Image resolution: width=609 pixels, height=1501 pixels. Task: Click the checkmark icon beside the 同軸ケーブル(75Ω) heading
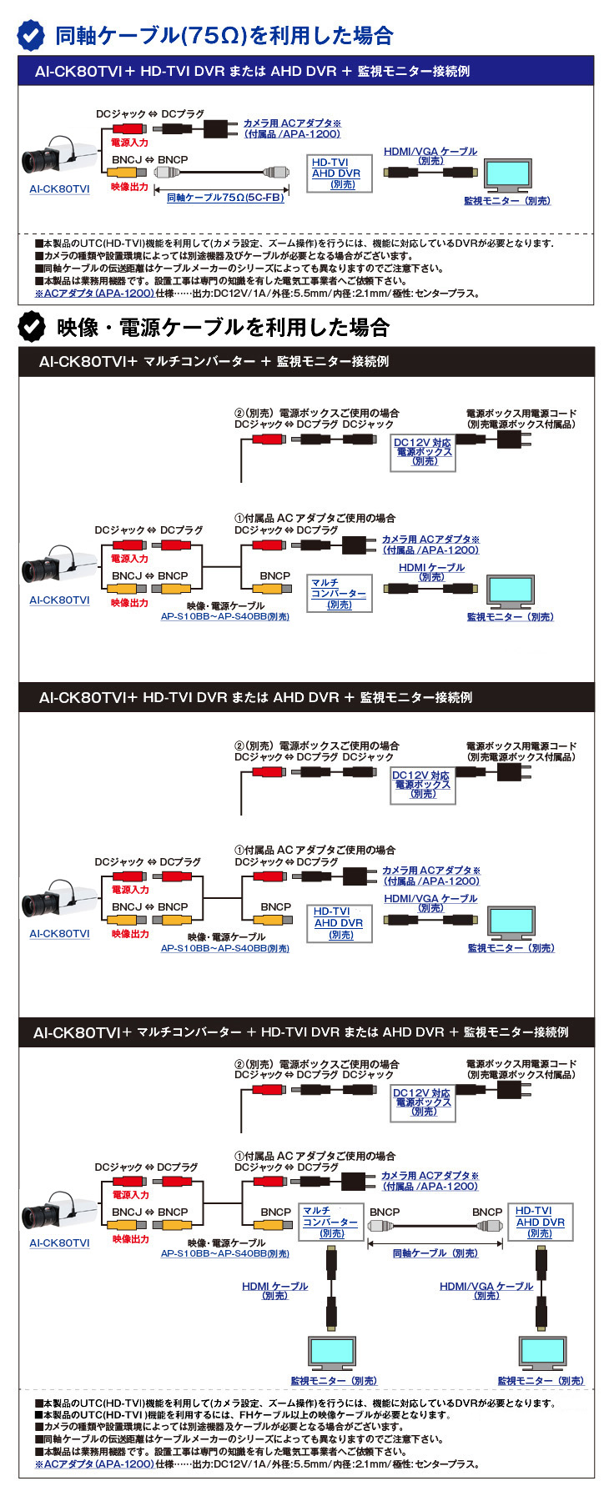click(32, 35)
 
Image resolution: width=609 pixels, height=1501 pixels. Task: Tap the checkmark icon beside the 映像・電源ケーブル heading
click(32, 327)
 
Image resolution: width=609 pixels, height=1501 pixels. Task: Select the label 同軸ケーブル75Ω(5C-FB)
click(225, 198)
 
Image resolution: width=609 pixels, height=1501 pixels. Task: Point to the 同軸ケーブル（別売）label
click(435, 1253)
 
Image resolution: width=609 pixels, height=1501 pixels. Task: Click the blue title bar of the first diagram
click(305, 71)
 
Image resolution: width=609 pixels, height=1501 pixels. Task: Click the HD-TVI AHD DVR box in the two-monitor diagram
click(540, 1222)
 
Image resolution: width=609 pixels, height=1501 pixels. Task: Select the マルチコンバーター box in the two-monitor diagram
click(331, 1222)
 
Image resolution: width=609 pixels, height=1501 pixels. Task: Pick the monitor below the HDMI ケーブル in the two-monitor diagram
click(332, 1352)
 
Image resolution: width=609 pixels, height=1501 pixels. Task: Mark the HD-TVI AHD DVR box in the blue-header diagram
click(337, 173)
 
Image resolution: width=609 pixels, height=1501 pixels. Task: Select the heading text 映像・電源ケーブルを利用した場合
click(223, 327)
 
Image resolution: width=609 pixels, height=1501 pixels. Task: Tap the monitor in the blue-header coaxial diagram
click(507, 175)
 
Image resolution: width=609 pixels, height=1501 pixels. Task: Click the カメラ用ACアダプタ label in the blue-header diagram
click(292, 128)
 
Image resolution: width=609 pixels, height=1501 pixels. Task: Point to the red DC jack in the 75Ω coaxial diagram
click(128, 129)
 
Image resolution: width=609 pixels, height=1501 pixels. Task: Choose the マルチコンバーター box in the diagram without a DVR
click(338, 594)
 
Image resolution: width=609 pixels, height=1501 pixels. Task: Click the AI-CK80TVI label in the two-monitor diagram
click(59, 1242)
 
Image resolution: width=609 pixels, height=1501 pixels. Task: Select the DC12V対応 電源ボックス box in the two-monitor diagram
click(422, 1102)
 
